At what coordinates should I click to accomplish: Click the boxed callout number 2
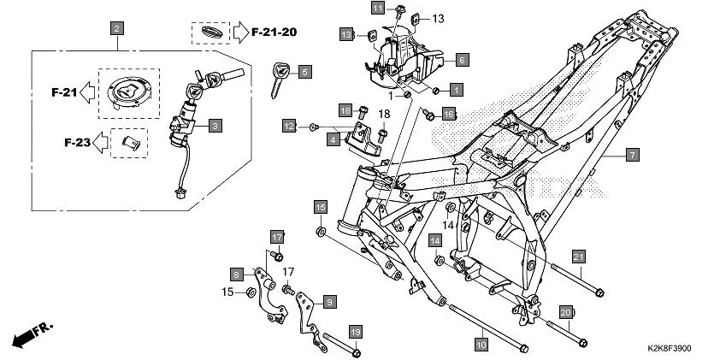click(116, 28)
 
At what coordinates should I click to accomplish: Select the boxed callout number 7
click(632, 155)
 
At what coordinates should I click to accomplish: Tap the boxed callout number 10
click(481, 345)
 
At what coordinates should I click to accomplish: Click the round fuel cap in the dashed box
click(127, 91)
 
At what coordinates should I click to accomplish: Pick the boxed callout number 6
click(461, 60)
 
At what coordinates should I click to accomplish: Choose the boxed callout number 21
click(579, 257)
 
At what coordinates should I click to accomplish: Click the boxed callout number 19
click(355, 330)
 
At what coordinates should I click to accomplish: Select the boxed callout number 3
click(214, 126)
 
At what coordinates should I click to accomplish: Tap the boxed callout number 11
click(379, 8)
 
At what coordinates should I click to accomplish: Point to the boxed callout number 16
click(448, 113)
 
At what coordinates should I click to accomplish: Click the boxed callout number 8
click(236, 274)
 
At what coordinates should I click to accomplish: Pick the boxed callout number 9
click(328, 301)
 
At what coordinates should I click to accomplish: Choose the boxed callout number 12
click(291, 127)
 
